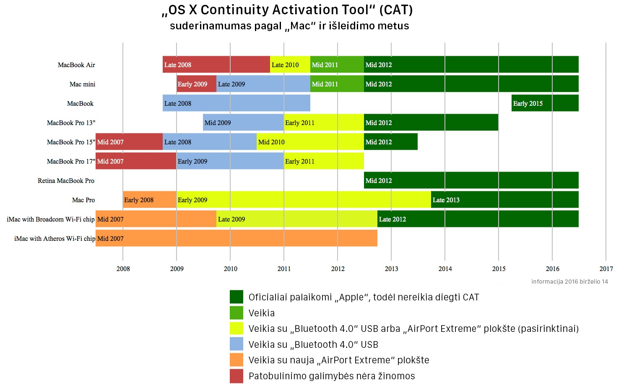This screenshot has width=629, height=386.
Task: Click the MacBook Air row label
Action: (76, 65)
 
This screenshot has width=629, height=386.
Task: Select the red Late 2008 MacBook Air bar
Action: (216, 64)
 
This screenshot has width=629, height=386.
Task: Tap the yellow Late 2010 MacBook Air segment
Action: (290, 64)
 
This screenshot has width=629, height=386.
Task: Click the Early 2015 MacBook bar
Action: (545, 103)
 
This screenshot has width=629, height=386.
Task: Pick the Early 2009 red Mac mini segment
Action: (197, 84)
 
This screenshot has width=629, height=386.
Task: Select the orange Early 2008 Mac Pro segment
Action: (150, 199)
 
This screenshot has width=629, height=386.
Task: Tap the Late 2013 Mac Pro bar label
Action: (446, 200)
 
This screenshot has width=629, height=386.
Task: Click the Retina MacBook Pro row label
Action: (66, 181)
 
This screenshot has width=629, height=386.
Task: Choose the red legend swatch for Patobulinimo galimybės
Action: (237, 376)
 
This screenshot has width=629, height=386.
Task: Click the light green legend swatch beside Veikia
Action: (237, 313)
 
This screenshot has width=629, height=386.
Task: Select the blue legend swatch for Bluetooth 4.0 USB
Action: (237, 344)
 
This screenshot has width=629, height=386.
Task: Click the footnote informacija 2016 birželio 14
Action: (569, 282)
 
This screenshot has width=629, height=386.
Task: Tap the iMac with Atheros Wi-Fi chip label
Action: (55, 238)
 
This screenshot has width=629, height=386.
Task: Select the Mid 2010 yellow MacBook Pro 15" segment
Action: (310, 141)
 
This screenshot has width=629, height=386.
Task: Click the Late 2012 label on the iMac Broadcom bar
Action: (392, 219)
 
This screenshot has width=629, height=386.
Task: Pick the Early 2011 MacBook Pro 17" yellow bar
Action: (324, 161)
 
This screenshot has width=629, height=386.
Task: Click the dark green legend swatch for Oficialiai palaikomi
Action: (237, 297)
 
